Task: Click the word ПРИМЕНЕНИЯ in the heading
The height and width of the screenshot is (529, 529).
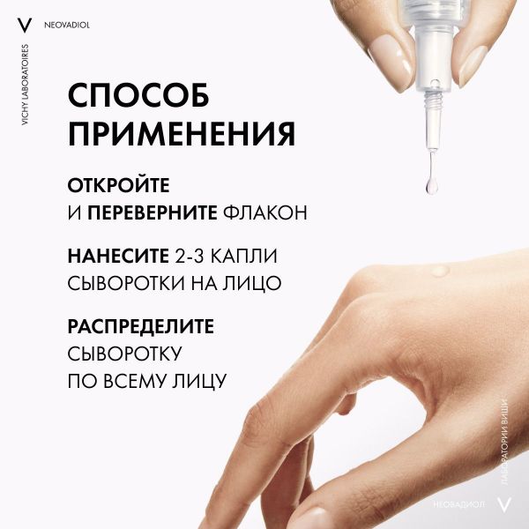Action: coord(182,135)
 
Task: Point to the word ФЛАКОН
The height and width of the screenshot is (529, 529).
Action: coord(263,213)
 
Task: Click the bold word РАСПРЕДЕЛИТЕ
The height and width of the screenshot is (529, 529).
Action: coord(141,326)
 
